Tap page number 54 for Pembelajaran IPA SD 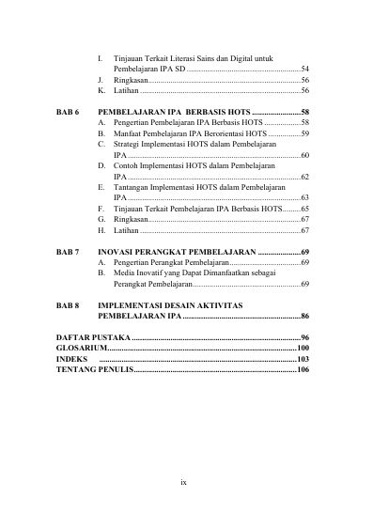305,70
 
